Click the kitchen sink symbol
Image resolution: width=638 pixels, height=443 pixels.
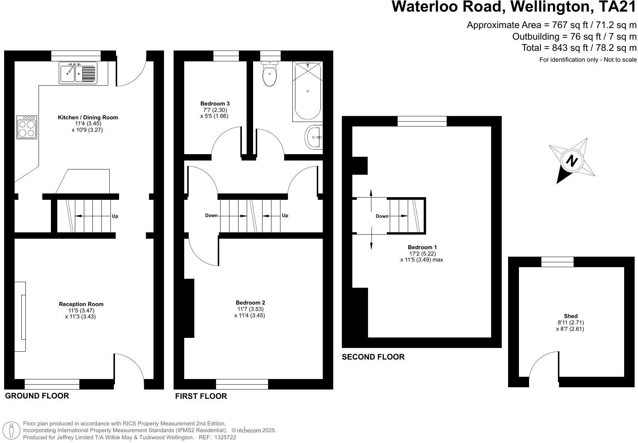click(x=78, y=73)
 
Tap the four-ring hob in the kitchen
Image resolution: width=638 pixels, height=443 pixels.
click(x=27, y=128)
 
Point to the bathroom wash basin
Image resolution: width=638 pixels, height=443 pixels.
click(x=314, y=137)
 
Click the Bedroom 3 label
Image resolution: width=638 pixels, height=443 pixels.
click(x=215, y=104)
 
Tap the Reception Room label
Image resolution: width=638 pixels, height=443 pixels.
click(x=81, y=304)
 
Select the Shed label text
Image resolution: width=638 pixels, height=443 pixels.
click(x=571, y=316)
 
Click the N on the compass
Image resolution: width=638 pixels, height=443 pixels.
click(x=571, y=161)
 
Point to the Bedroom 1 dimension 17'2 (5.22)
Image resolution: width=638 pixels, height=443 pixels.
click(x=422, y=253)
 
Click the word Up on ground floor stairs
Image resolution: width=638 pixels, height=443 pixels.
click(x=115, y=216)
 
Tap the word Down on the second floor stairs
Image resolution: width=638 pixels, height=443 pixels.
click(x=382, y=216)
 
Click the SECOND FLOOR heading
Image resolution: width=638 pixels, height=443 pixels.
click(x=373, y=357)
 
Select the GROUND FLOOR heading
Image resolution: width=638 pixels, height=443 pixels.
click(x=37, y=396)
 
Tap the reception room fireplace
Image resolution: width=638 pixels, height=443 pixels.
click(x=21, y=317)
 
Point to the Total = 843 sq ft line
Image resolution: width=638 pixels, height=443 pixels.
click(x=579, y=48)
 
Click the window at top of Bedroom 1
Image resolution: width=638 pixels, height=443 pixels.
click(x=422, y=121)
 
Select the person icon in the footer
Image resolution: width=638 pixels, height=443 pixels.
click(x=12, y=431)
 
